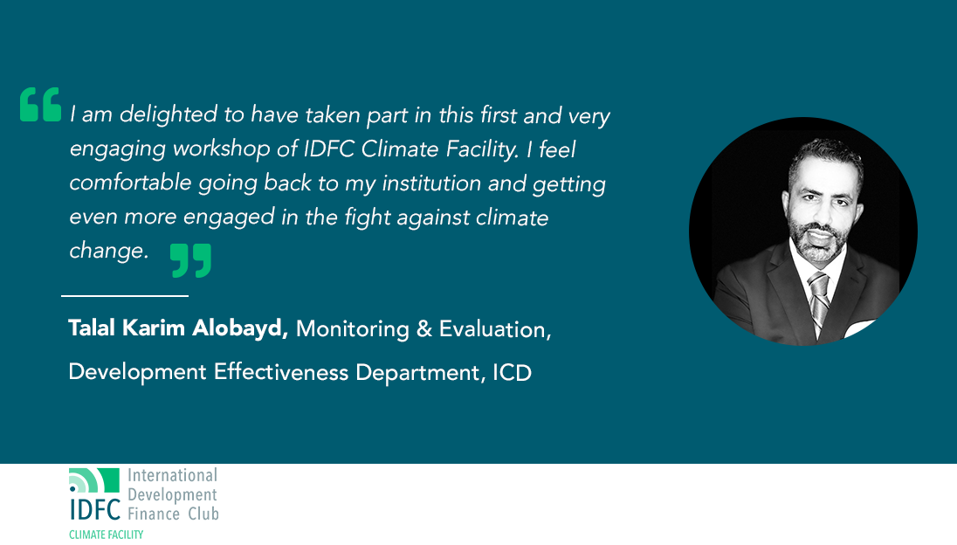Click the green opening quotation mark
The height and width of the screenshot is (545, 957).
click(40, 104)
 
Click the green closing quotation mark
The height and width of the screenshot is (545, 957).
click(190, 260)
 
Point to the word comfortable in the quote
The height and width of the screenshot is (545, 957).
click(131, 183)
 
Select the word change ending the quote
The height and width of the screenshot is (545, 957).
click(107, 251)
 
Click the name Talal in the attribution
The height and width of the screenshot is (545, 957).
click(92, 328)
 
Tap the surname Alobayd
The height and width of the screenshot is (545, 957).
click(238, 328)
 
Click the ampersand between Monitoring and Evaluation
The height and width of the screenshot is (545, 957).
click(424, 329)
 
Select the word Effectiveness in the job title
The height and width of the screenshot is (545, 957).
click(281, 372)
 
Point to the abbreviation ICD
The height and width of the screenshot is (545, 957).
click(512, 372)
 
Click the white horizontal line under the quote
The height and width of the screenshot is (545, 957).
click(125, 296)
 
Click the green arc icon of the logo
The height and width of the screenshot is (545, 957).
click(94, 480)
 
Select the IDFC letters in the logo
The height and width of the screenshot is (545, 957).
click(95, 509)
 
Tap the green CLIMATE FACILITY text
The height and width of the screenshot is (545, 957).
click(107, 535)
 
